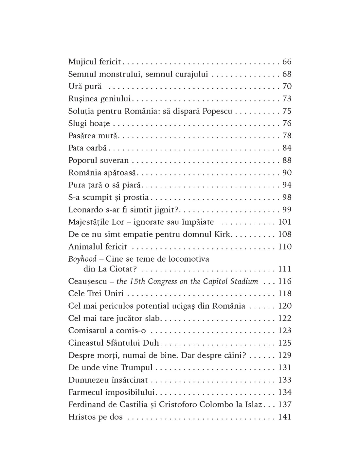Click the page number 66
[287, 62]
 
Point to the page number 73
[287, 99]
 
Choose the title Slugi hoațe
[89, 124]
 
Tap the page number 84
[287, 148]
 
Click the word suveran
[115, 161]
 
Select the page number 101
[284, 222]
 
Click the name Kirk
[223, 234]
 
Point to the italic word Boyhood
[82, 259]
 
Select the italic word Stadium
[245, 282]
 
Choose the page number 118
[284, 294]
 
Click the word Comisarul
[87, 331]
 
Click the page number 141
[284, 417]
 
